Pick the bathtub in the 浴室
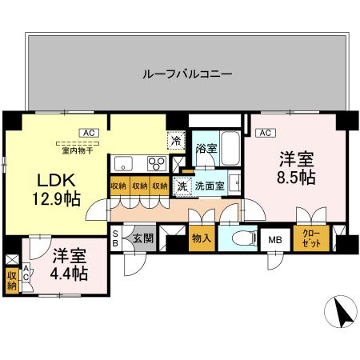coord(230,147)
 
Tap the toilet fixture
coord(240,238)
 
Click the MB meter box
coord(274,239)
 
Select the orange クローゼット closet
coord(309,238)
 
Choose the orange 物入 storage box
coord(201,238)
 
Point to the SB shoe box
coord(115,238)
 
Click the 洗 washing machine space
coord(182,186)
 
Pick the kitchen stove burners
coord(156,165)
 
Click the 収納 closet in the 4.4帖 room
coord(11,280)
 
